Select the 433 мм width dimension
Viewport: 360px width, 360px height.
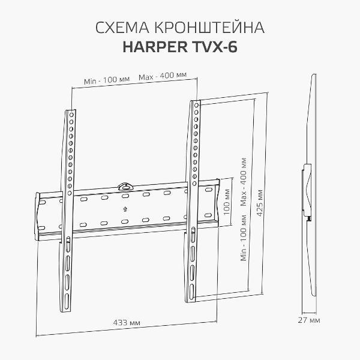point(127,323)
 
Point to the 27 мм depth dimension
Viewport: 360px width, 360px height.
point(309,320)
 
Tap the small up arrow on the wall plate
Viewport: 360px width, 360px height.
point(125,209)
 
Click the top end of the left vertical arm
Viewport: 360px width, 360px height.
point(70,112)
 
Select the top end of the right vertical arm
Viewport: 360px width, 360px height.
point(194,103)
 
